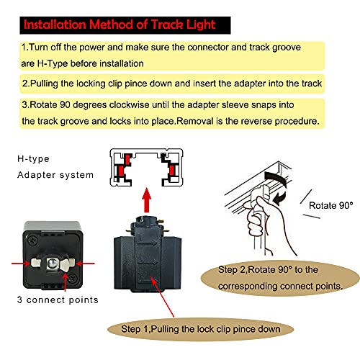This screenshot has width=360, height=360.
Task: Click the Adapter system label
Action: point(53,174)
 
